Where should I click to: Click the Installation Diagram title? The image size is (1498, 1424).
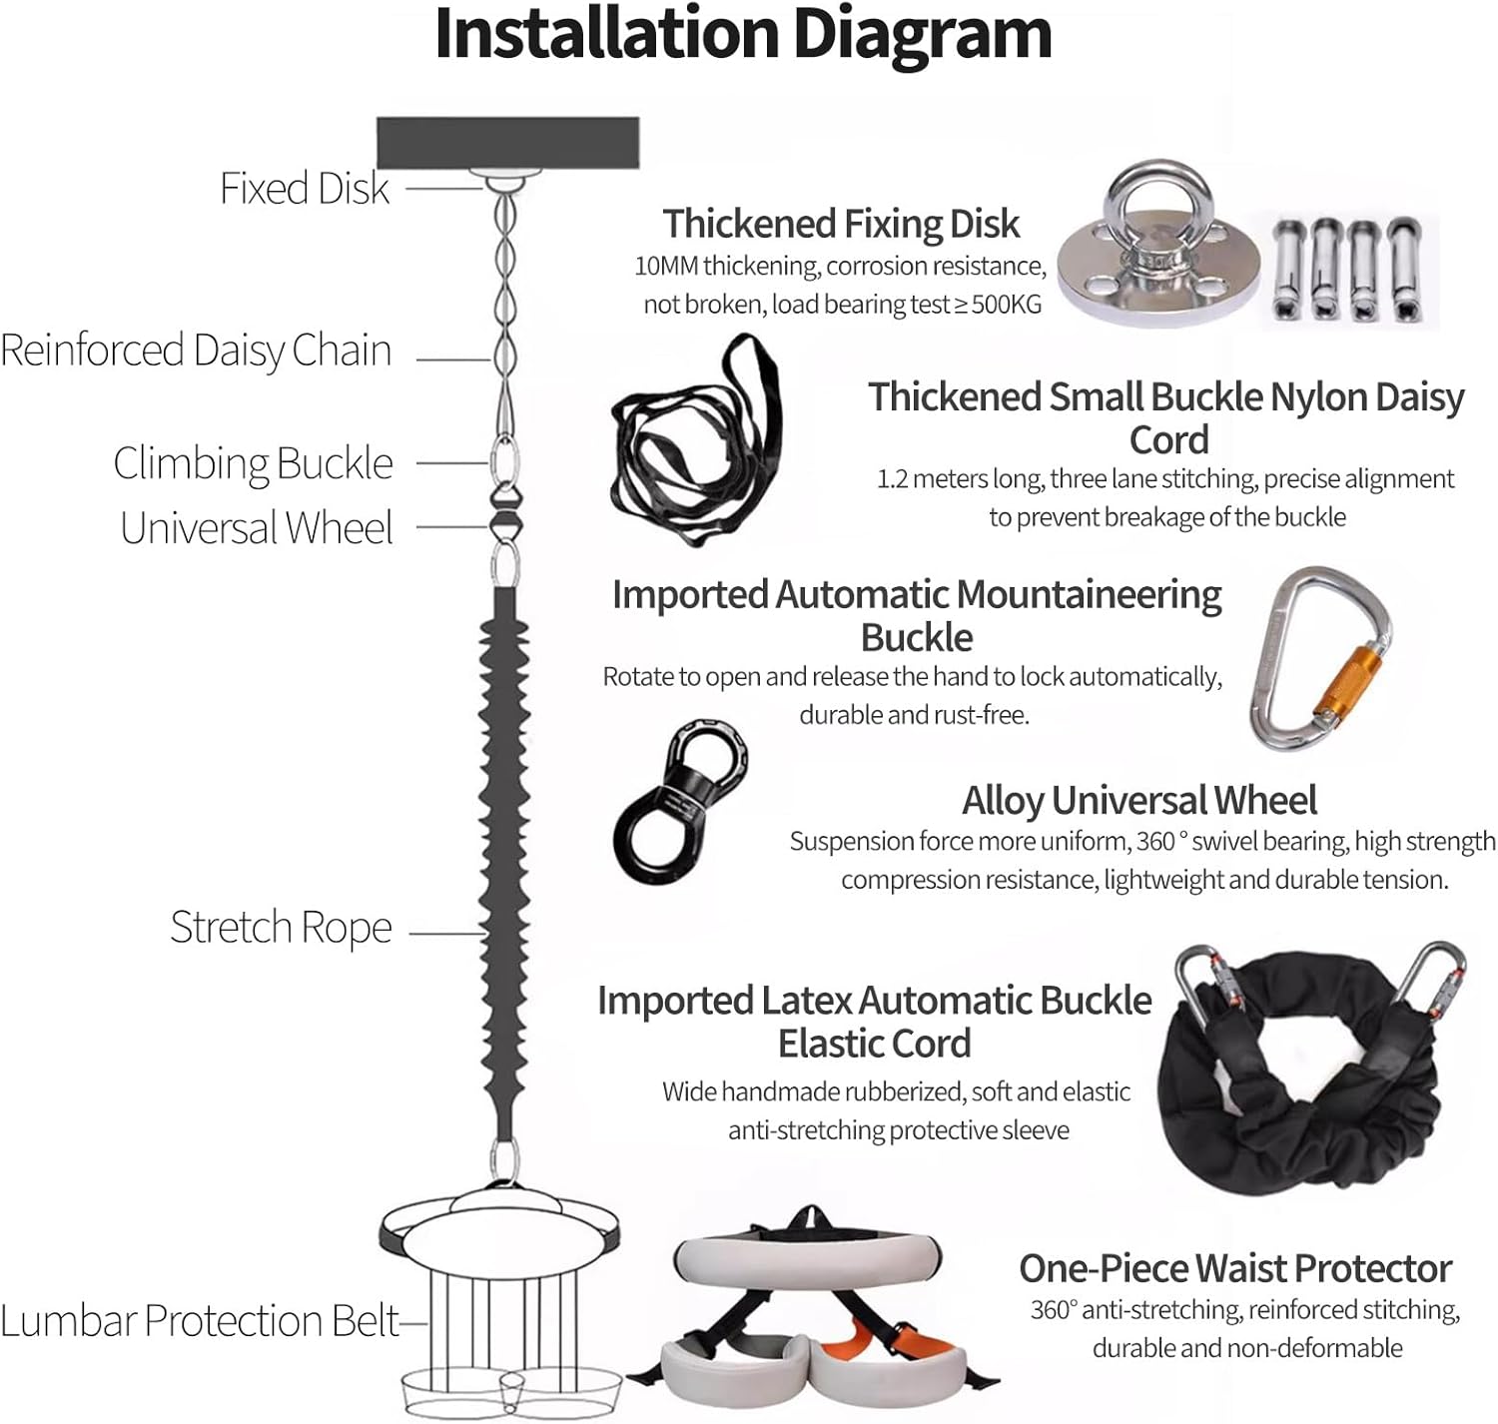[743, 35]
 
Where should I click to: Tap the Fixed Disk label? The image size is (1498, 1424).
[305, 189]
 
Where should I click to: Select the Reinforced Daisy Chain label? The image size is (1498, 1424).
[196, 351]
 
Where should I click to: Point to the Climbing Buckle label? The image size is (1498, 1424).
[253, 463]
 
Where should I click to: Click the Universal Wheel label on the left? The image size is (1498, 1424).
[257, 528]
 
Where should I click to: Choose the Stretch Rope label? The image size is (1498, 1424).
[281, 928]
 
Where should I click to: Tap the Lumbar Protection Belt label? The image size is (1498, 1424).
[200, 1321]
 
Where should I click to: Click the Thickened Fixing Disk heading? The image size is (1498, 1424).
[841, 224]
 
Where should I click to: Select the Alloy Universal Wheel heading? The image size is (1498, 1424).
[1139, 801]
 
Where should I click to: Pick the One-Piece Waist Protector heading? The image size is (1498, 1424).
[1235, 1268]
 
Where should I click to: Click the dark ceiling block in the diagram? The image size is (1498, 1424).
[507, 142]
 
